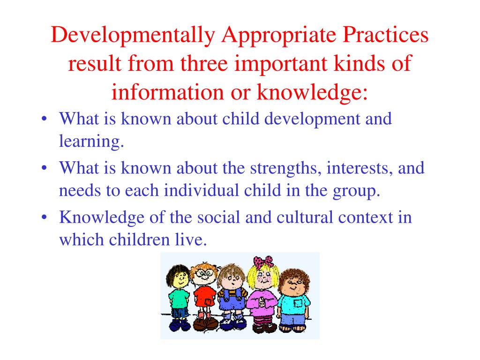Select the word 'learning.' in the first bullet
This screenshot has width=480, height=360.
91,142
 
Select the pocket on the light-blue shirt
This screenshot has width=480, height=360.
298,303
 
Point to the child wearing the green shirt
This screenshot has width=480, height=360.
179,295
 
